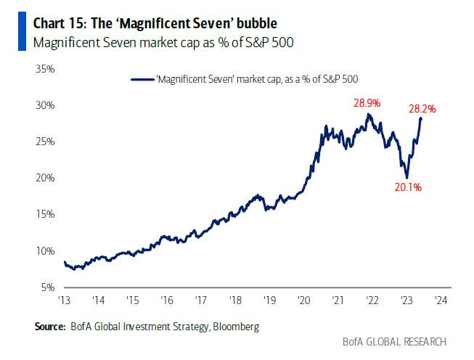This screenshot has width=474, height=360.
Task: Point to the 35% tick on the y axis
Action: pyautogui.click(x=45, y=69)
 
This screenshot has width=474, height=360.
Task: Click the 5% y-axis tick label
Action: pyautogui.click(x=47, y=287)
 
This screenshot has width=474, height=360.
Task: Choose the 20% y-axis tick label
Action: pyautogui.click(x=45, y=178)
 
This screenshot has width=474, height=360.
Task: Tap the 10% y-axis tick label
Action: pyautogui.click(x=45, y=250)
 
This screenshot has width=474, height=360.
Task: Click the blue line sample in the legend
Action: pyautogui.click(x=142, y=78)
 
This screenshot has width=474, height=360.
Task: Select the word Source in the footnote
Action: pyautogui.click(x=51, y=327)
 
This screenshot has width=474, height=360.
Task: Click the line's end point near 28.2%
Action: pyautogui.click(x=422, y=118)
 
